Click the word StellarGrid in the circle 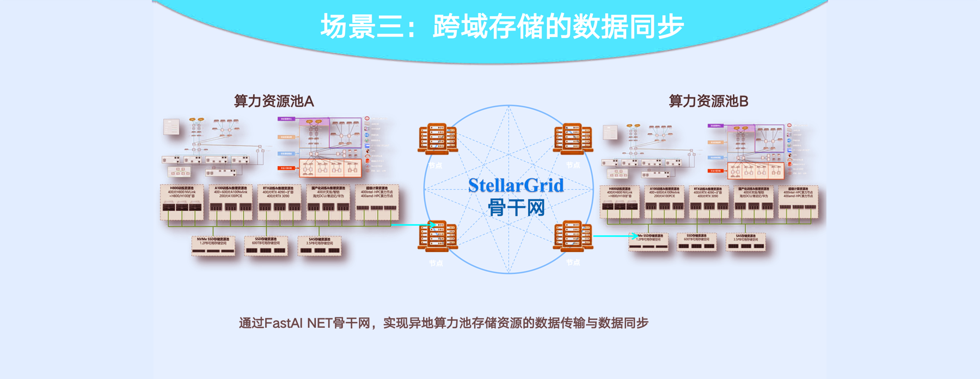pyautogui.click(x=516, y=186)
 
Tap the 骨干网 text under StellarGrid pyautogui.click(x=516, y=207)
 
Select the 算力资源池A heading pyautogui.click(x=274, y=101)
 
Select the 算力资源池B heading pyautogui.click(x=708, y=101)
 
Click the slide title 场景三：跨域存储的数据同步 pyautogui.click(x=502, y=26)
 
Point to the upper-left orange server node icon pyautogui.click(x=437, y=139)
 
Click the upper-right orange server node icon pyautogui.click(x=573, y=138)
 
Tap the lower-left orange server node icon pyautogui.click(x=437, y=236)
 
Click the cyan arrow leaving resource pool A pyautogui.click(x=413, y=224)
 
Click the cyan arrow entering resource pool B pyautogui.click(x=614, y=236)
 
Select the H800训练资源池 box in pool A pyautogui.click(x=182, y=201)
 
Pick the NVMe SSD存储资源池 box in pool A pyautogui.click(x=213, y=246)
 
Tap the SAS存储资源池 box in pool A pyautogui.click(x=320, y=246)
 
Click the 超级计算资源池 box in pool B pyautogui.click(x=798, y=201)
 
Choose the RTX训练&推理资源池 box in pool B pyautogui.click(x=708, y=201)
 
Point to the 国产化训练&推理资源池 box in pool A pyautogui.click(x=328, y=201)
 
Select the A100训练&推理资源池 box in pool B pyautogui.click(x=664, y=201)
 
